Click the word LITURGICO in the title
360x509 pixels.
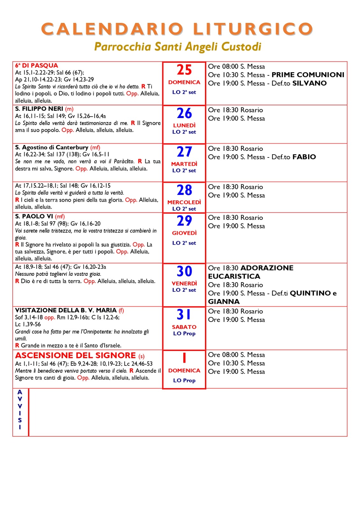pos(253,29)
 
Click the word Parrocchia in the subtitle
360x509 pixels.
pos(123,47)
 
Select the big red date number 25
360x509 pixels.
pos(184,70)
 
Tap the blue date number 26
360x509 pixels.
pos(184,113)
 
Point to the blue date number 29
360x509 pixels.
pos(184,221)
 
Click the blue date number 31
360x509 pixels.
pos(184,315)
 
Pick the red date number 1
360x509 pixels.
pos(184,358)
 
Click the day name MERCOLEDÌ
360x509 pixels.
pos(184,202)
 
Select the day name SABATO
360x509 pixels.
pos(184,327)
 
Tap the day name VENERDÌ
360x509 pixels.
pos(184,283)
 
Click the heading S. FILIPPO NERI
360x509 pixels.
pos(39,109)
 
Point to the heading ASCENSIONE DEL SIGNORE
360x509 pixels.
pos(75,355)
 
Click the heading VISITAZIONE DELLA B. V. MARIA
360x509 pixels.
pos(66,310)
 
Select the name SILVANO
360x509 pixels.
pos(309,83)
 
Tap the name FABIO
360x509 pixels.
pos(304,157)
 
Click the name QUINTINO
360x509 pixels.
pos(310,293)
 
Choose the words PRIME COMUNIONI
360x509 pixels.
pos(308,75)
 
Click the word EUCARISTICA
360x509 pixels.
pos(234,276)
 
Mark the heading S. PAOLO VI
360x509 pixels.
pos(34,216)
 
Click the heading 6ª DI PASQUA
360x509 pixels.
pos(37,66)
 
